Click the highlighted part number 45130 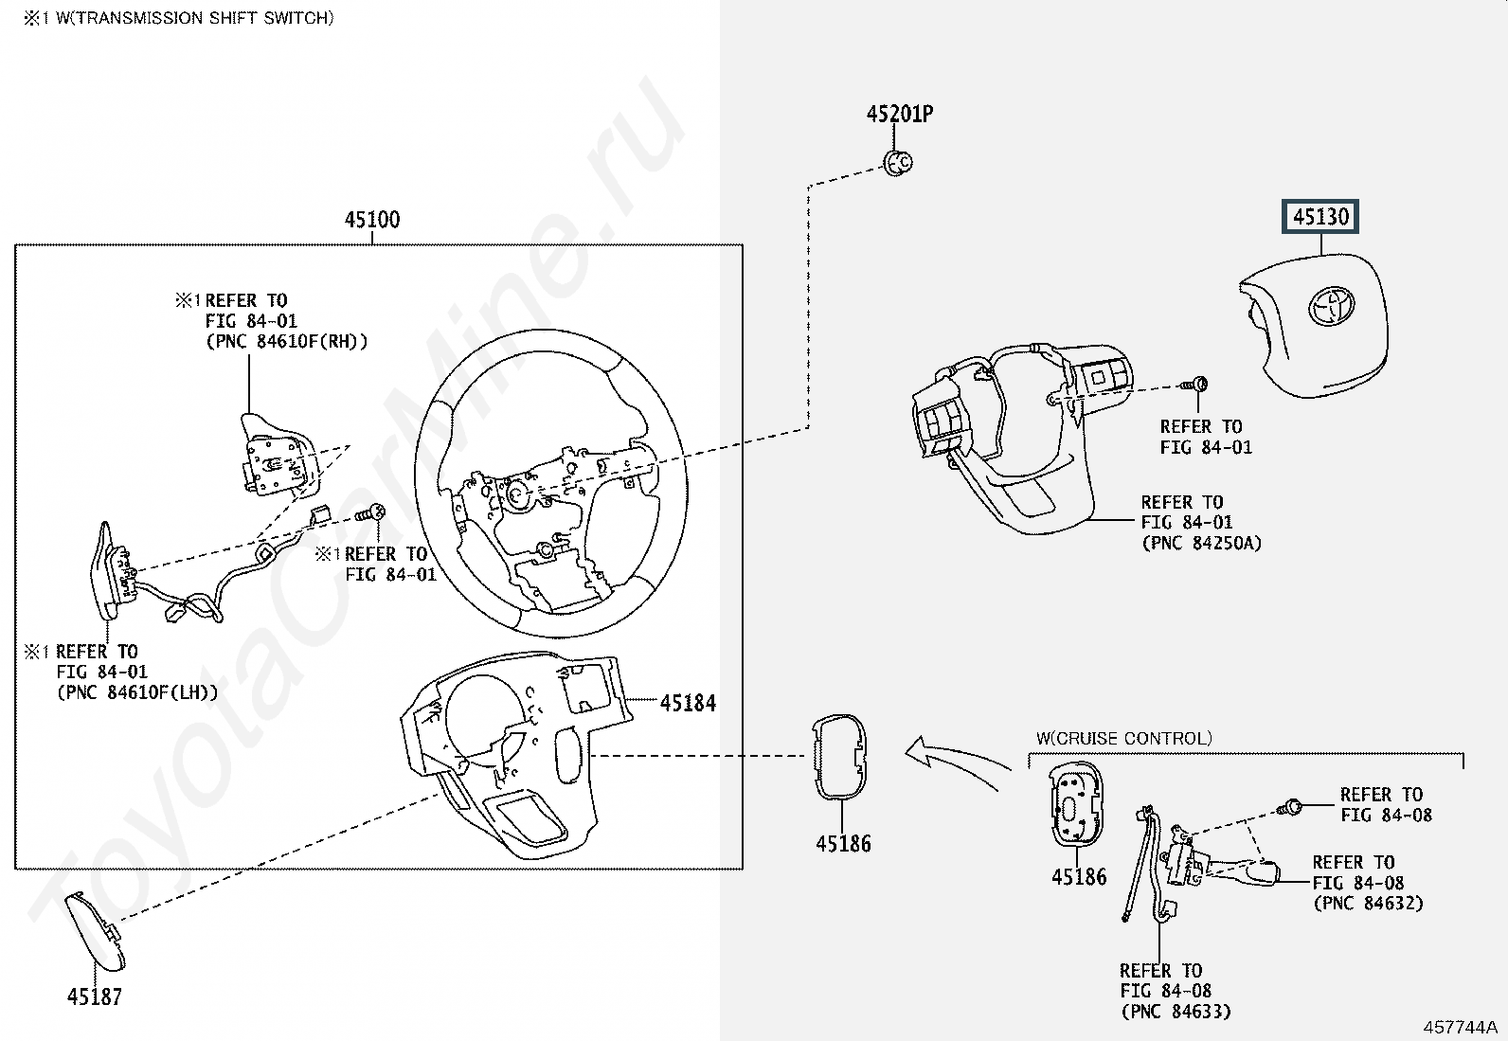click(1320, 217)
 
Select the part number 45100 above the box click(372, 220)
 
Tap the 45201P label click(899, 115)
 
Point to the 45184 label click(688, 703)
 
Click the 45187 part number click(95, 996)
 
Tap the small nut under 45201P click(898, 164)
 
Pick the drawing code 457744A click(1460, 1027)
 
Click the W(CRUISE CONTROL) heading click(1123, 738)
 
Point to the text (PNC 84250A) click(1201, 543)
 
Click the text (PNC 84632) click(1368, 903)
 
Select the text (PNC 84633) click(1176, 1012)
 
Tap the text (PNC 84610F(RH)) click(286, 341)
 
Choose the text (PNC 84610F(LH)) click(137, 692)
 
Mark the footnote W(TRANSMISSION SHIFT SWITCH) click(179, 18)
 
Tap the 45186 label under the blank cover click(843, 843)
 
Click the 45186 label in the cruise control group click(1079, 877)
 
